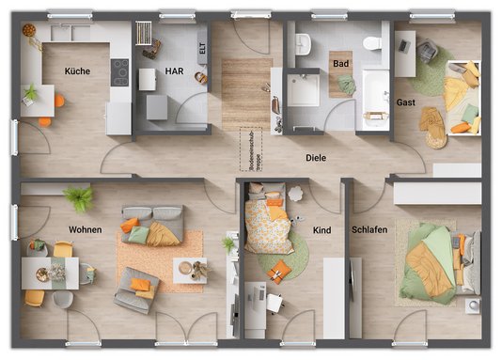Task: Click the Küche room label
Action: pyautogui.click(x=77, y=71)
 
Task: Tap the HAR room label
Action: pyautogui.click(x=175, y=70)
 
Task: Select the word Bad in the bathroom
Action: pyautogui.click(x=340, y=64)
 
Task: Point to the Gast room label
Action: pyautogui.click(x=406, y=102)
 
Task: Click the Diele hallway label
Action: pyautogui.click(x=316, y=159)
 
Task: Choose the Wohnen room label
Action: pyautogui.click(x=85, y=229)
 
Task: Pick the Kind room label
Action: pyautogui.click(x=322, y=229)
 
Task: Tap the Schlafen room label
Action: pyautogui.click(x=369, y=229)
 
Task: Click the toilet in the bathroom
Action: pyautogui.click(x=371, y=43)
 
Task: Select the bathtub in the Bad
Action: pyautogui.click(x=375, y=99)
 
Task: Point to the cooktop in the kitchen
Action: pyautogui.click(x=120, y=70)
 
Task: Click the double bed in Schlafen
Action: pyautogui.click(x=438, y=263)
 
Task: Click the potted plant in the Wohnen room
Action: pyautogui.click(x=78, y=197)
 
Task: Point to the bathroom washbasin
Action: pyautogui.click(x=302, y=43)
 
